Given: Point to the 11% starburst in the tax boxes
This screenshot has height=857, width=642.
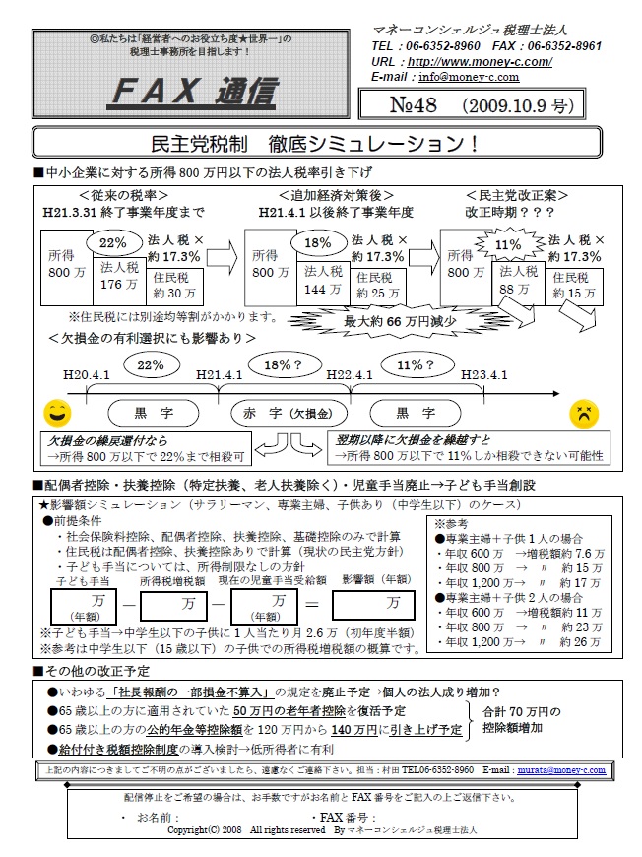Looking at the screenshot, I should pyautogui.click(x=508, y=244).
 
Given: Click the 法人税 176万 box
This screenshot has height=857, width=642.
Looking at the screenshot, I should pyautogui.click(x=119, y=277).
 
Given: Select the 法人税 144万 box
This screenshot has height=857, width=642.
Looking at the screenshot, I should pyautogui.click(x=324, y=277).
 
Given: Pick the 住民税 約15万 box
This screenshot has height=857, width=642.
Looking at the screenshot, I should pyautogui.click(x=574, y=285).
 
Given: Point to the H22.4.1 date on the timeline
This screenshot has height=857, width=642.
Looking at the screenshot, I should pyautogui.click(x=352, y=375).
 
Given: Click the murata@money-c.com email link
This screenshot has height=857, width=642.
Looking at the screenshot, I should pyautogui.click(x=556, y=769).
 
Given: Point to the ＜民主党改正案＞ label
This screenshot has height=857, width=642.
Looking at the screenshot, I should pyautogui.click(x=515, y=195).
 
